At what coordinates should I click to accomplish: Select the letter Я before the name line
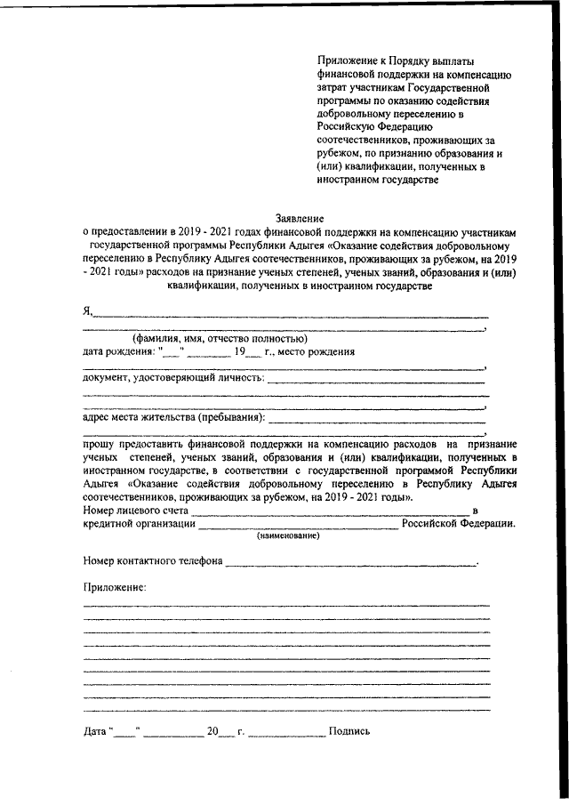tap(87, 310)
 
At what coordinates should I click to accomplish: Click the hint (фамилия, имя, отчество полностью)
tap(220, 338)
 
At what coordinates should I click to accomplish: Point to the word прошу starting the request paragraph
tap(99, 442)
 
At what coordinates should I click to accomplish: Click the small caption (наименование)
tap(289, 536)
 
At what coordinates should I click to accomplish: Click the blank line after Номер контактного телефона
tap(350, 564)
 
